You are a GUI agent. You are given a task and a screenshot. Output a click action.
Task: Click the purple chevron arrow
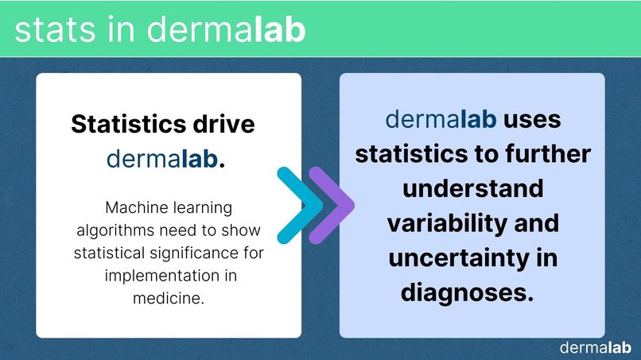330,205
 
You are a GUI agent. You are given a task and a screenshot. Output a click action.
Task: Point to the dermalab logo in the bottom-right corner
596,347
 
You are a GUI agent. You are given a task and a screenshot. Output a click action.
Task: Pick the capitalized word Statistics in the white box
129,125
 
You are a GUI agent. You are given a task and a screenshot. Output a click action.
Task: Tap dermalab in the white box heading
165,159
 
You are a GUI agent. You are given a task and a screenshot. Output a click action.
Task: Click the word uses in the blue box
532,119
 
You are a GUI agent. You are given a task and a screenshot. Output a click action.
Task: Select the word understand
472,188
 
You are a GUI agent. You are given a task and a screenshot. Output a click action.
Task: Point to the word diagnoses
466,292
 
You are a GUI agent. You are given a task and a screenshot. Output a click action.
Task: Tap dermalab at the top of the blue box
441,119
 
